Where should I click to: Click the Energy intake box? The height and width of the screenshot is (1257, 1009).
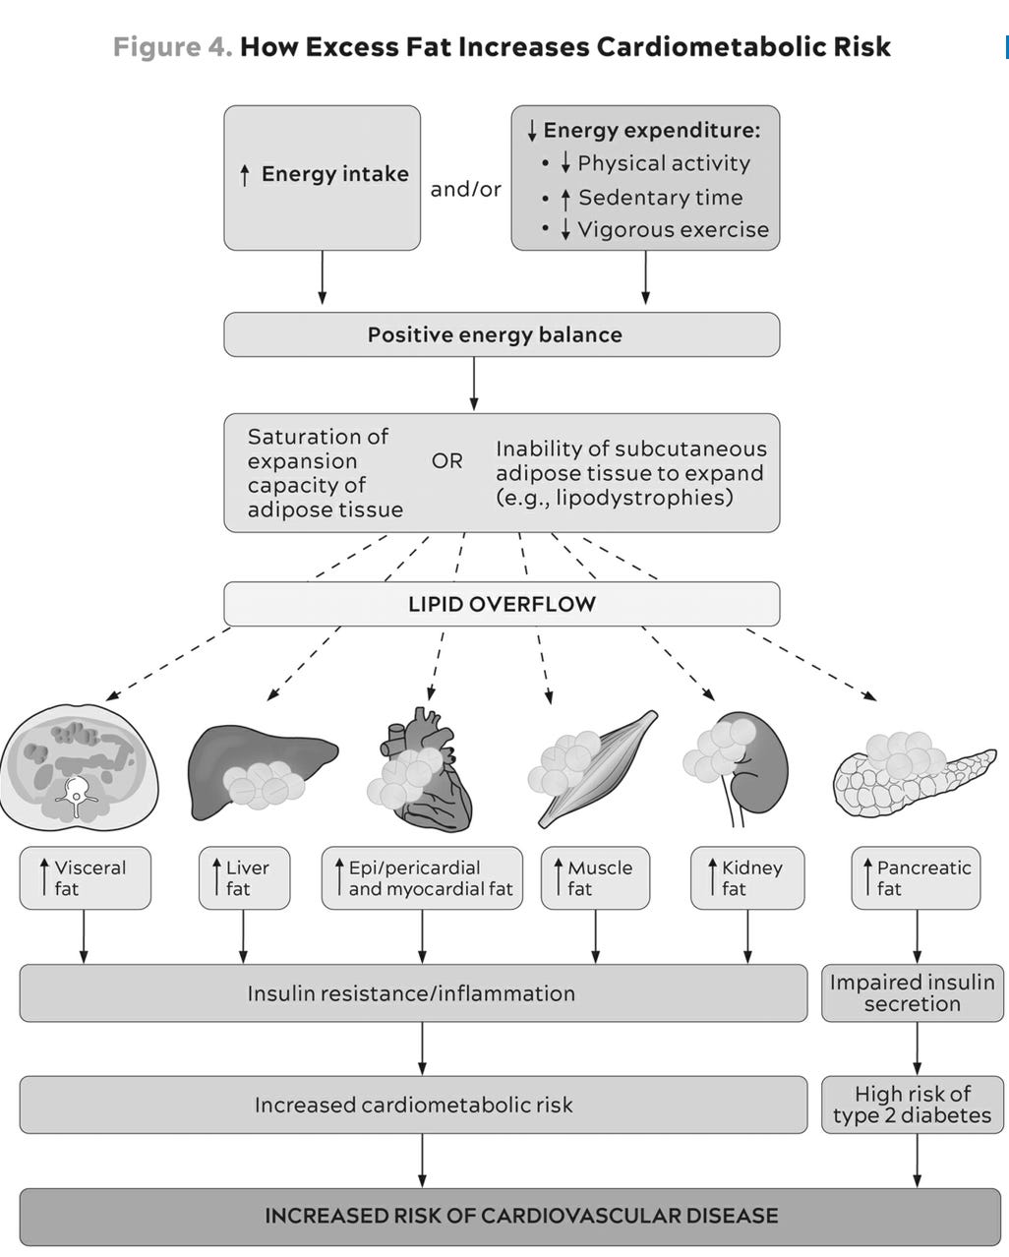(x=322, y=177)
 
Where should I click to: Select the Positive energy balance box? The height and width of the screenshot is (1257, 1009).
(x=502, y=334)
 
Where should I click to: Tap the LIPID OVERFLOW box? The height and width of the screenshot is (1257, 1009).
(x=502, y=604)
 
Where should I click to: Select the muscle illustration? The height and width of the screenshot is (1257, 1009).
(x=595, y=767)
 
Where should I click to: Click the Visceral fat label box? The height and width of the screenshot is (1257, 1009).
(x=85, y=877)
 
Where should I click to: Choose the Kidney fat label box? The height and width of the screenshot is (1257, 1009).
(x=747, y=877)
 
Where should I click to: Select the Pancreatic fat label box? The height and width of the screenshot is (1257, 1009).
(x=916, y=877)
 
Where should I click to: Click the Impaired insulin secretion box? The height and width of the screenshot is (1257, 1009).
(x=912, y=992)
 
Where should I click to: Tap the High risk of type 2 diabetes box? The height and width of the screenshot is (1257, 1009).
(x=912, y=1105)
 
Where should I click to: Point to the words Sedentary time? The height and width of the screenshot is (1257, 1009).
(x=660, y=198)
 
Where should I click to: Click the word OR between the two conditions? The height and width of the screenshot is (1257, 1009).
(x=446, y=461)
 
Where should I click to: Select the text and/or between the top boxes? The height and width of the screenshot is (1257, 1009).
(x=465, y=189)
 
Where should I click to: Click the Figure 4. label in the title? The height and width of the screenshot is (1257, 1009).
(x=172, y=47)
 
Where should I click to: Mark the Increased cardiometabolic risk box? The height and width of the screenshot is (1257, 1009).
(x=413, y=1105)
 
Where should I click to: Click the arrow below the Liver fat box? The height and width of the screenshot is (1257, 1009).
(x=243, y=935)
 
